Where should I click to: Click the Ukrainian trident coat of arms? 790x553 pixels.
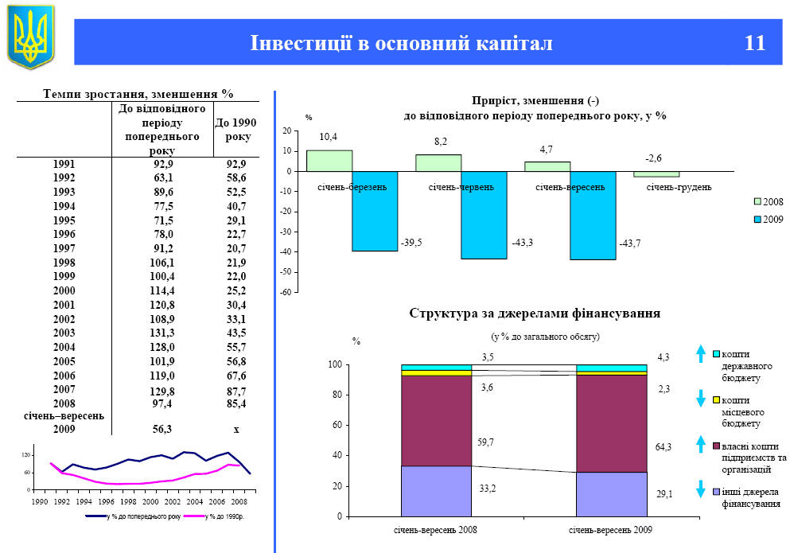30,36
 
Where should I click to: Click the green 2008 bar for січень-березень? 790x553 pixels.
329,161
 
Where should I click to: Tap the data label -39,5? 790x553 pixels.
411,241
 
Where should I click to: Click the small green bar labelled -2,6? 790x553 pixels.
656,174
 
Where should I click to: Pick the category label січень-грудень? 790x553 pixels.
678,187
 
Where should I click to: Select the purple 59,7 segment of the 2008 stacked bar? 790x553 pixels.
436,420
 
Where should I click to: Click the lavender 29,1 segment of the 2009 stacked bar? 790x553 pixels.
612,494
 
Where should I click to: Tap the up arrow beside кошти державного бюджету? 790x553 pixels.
700,354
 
